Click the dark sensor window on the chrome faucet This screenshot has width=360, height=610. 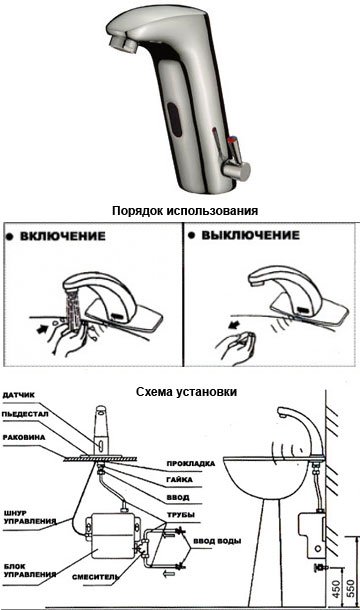175,119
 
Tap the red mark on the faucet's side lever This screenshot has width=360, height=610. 232,140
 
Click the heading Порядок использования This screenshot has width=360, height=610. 185,211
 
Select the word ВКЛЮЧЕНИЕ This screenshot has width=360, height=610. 63,236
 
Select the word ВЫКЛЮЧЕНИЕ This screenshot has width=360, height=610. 250,235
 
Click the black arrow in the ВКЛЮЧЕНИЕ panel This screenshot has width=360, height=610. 43,330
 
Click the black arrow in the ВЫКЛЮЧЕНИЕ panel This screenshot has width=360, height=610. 235,323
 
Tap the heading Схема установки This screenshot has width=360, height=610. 186,391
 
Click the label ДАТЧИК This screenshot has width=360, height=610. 18,395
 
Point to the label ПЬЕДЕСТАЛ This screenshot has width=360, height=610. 25,414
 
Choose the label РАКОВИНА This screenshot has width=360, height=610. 24,437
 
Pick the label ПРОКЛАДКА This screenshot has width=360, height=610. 191,464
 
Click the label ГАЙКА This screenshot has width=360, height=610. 179,480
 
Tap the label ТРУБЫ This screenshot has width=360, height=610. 181,515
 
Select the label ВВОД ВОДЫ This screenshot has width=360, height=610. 217,541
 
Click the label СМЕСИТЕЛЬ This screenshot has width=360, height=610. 95,577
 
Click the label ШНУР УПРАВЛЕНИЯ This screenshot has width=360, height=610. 30,517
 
